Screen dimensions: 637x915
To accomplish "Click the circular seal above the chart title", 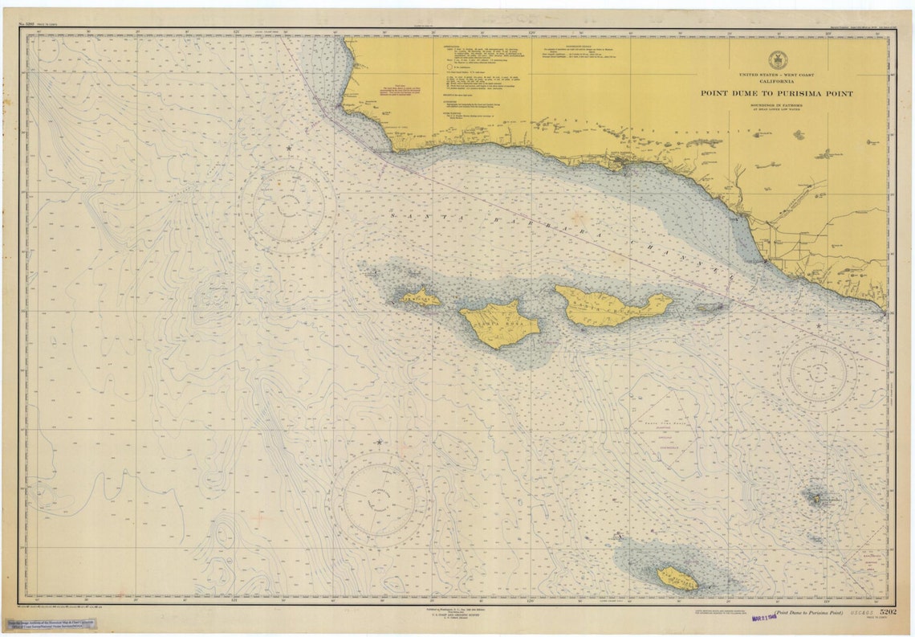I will coord(776,60).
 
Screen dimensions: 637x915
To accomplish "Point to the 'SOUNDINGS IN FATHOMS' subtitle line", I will coord(776,104).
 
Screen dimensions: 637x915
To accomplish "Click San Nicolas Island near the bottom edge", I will coord(677,578).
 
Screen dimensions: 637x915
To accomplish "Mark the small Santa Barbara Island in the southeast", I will coord(815,499).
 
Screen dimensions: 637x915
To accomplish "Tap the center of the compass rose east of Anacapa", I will coord(819,373).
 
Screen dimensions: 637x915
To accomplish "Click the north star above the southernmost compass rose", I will coord(378,442).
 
